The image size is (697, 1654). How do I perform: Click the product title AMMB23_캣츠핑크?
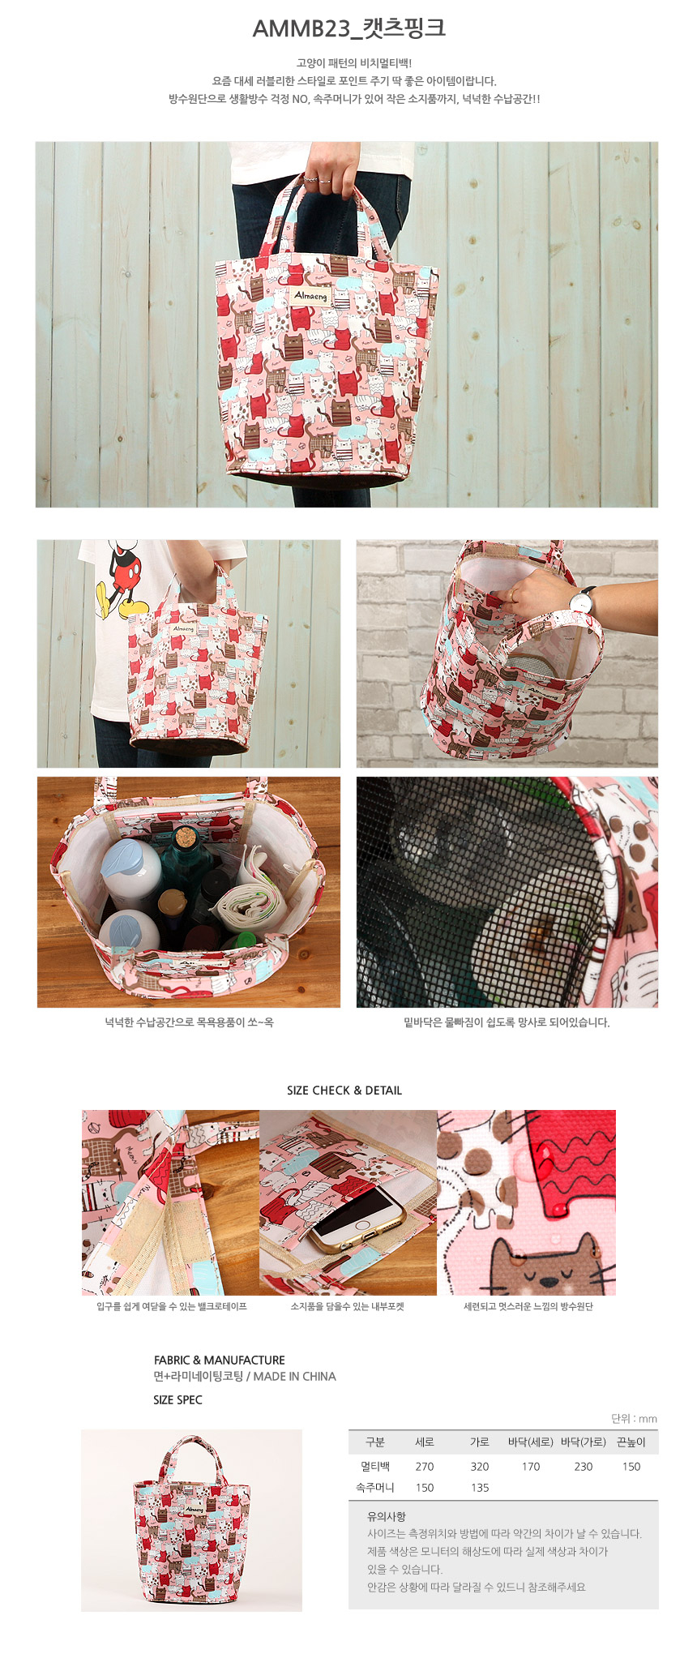coord(348,28)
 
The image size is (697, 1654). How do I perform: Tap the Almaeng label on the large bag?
coord(310,296)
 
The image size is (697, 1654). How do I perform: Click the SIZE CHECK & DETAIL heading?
coord(344,1091)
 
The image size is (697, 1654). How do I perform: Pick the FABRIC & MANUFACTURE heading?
coord(220,1360)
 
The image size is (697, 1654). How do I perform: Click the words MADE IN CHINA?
coord(294,1376)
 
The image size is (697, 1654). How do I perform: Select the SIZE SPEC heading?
coord(177,1399)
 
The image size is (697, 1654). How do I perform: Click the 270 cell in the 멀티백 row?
coord(425,1467)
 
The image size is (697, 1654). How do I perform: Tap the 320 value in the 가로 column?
coord(480,1467)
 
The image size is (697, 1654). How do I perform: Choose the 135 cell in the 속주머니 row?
coord(480,1488)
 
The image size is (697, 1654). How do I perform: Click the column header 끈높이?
coord(631,1442)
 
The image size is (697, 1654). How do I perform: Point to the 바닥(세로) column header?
coord(531,1442)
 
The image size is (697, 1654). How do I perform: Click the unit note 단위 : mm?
coord(634,1419)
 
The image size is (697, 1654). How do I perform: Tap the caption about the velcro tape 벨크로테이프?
coord(172,1306)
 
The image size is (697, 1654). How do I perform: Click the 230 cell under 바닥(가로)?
coord(584,1467)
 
